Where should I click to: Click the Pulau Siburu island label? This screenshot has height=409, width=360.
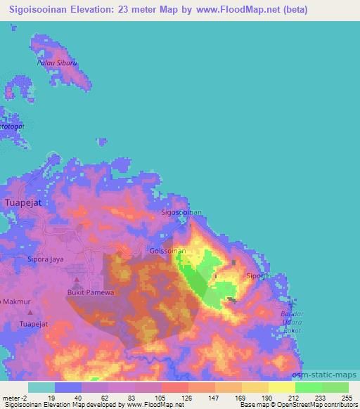pyautogui.click(x=56, y=63)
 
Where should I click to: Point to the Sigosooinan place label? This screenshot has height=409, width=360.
pyautogui.click(x=181, y=212)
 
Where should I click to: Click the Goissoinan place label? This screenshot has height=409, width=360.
pyautogui.click(x=168, y=250)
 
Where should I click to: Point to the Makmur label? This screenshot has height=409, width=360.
pyautogui.click(x=15, y=301)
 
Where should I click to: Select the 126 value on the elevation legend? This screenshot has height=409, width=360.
pyautogui.click(x=188, y=398)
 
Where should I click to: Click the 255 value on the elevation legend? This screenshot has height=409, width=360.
pyautogui.click(x=347, y=398)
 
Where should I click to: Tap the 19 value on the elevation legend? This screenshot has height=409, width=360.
pyautogui.click(x=53, y=398)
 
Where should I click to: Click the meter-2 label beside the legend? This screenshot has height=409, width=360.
pyautogui.click(x=14, y=398)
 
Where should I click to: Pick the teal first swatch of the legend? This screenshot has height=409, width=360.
pyautogui.click(x=41, y=387)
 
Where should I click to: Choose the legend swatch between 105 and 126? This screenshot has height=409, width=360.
pyautogui.click(x=174, y=387)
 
